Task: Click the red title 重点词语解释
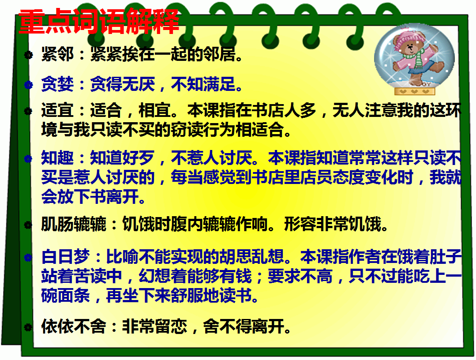click(99, 21)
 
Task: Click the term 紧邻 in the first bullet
click(57, 54)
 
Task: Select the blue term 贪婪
click(57, 84)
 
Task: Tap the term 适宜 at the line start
click(57, 110)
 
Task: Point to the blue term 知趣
click(57, 158)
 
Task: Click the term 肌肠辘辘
click(74, 224)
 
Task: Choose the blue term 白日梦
click(66, 256)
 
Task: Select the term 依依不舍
click(74, 326)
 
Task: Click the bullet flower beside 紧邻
click(28, 55)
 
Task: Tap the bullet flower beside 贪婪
click(28, 85)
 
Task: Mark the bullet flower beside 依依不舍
click(28, 327)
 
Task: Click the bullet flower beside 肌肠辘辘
click(28, 225)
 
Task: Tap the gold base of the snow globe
click(415, 91)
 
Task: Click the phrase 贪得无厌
click(123, 84)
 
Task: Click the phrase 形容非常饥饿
click(333, 224)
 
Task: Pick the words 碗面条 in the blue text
click(66, 295)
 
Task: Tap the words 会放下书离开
click(90, 197)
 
